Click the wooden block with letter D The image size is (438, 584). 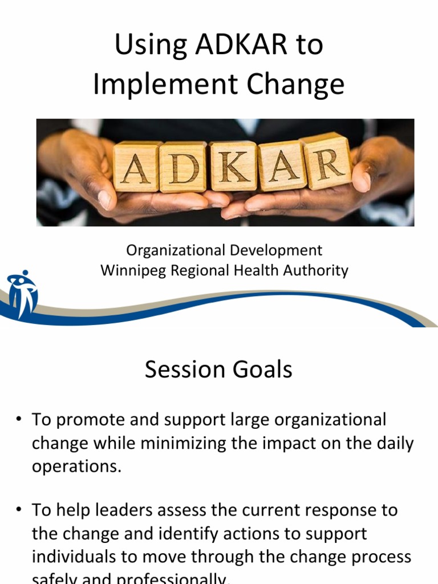(x=182, y=166)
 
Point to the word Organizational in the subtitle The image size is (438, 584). (x=176, y=250)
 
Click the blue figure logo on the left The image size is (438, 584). (x=22, y=293)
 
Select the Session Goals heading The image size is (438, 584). (x=218, y=370)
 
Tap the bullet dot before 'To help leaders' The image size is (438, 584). (x=19, y=509)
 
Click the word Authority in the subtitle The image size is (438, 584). (x=317, y=270)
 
